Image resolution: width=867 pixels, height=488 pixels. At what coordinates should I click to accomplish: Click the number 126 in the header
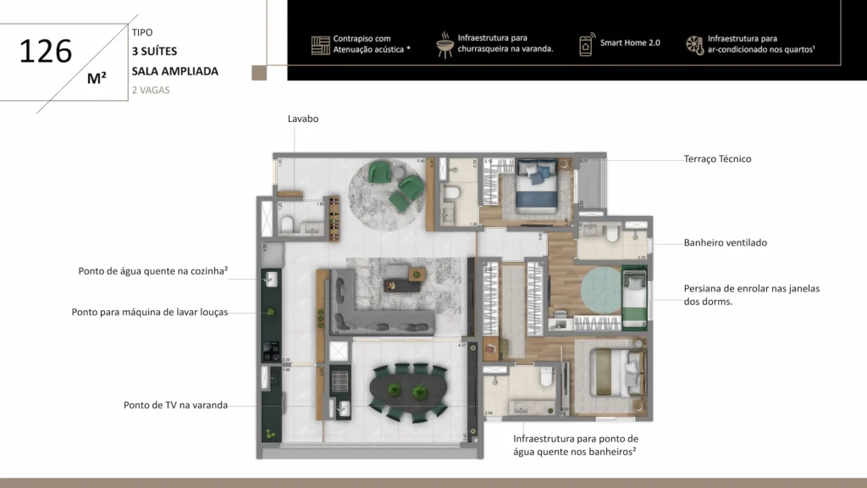(x=46, y=51)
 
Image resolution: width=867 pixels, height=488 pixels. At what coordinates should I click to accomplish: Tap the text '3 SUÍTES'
(x=154, y=51)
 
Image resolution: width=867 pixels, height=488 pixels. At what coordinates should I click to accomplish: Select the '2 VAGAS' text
(x=151, y=90)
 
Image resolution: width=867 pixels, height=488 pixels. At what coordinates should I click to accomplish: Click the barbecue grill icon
(x=445, y=44)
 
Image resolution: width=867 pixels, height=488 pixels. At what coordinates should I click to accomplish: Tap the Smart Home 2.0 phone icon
(x=586, y=44)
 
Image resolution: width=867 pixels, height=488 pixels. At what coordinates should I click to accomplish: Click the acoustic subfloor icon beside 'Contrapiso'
(x=320, y=45)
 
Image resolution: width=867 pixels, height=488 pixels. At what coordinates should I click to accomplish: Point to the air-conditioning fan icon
(x=694, y=44)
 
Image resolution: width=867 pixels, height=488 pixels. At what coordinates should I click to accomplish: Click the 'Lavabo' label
(x=303, y=119)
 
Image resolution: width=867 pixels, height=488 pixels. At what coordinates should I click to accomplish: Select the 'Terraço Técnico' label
(x=717, y=158)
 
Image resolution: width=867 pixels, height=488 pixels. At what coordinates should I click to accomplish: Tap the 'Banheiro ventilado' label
(x=725, y=242)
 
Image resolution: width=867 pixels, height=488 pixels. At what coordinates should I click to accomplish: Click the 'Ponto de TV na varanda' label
(x=175, y=405)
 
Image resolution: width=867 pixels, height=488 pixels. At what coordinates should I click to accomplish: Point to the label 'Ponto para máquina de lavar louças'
(x=150, y=312)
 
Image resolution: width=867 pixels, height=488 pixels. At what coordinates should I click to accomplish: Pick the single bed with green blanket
(x=633, y=297)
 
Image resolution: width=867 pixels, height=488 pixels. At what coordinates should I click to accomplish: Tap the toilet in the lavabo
(x=288, y=224)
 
